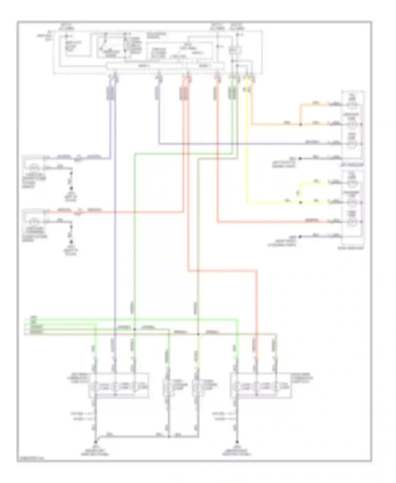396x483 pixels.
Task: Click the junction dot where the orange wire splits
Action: [x=300, y=124]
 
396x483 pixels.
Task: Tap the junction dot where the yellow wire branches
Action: [x=300, y=203]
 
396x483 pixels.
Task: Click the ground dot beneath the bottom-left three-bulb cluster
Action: [x=96, y=442]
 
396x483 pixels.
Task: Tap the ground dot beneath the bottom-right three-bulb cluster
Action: [x=237, y=442]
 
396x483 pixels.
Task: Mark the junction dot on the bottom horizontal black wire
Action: [x=169, y=436]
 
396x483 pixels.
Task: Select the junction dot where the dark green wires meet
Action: [x=134, y=329]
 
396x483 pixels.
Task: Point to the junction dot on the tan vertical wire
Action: [x=198, y=334]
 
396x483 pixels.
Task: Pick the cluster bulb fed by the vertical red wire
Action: [x=256, y=387]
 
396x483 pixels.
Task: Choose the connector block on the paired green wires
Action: [x=232, y=94]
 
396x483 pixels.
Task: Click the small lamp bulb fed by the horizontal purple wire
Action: [x=33, y=168]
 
